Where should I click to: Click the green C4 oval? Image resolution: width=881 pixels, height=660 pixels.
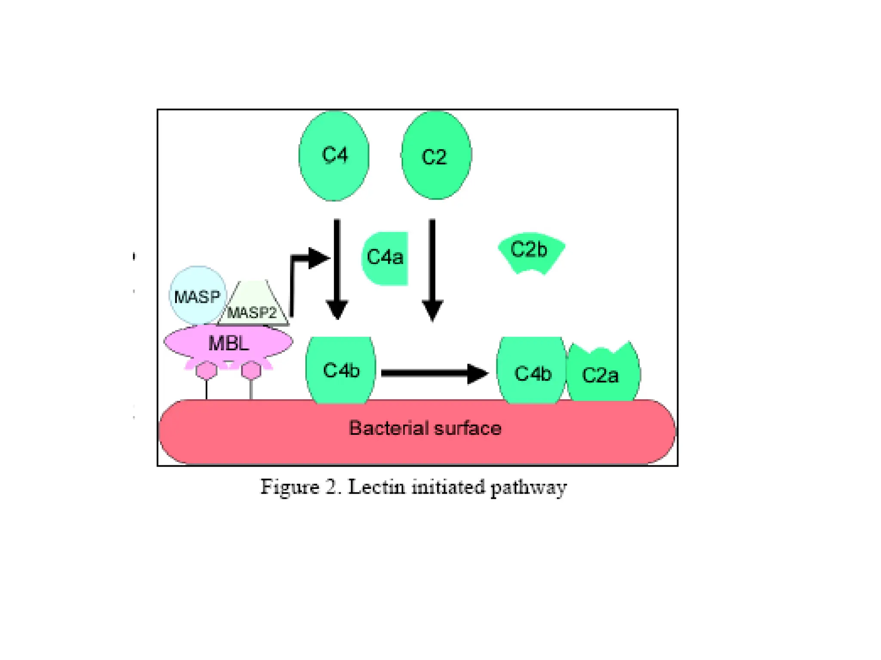[x=334, y=156]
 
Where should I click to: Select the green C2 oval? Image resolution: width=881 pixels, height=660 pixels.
[x=436, y=156]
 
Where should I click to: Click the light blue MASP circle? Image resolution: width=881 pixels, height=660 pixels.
[x=197, y=296]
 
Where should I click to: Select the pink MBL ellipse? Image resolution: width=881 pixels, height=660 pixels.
[x=228, y=343]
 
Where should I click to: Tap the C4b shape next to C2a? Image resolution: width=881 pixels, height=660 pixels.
[x=532, y=372]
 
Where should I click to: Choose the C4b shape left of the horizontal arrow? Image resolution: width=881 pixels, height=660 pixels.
[x=340, y=370]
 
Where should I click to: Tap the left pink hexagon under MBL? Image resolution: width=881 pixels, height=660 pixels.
[x=206, y=370]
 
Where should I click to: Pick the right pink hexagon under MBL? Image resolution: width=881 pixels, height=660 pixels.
[x=251, y=370]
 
